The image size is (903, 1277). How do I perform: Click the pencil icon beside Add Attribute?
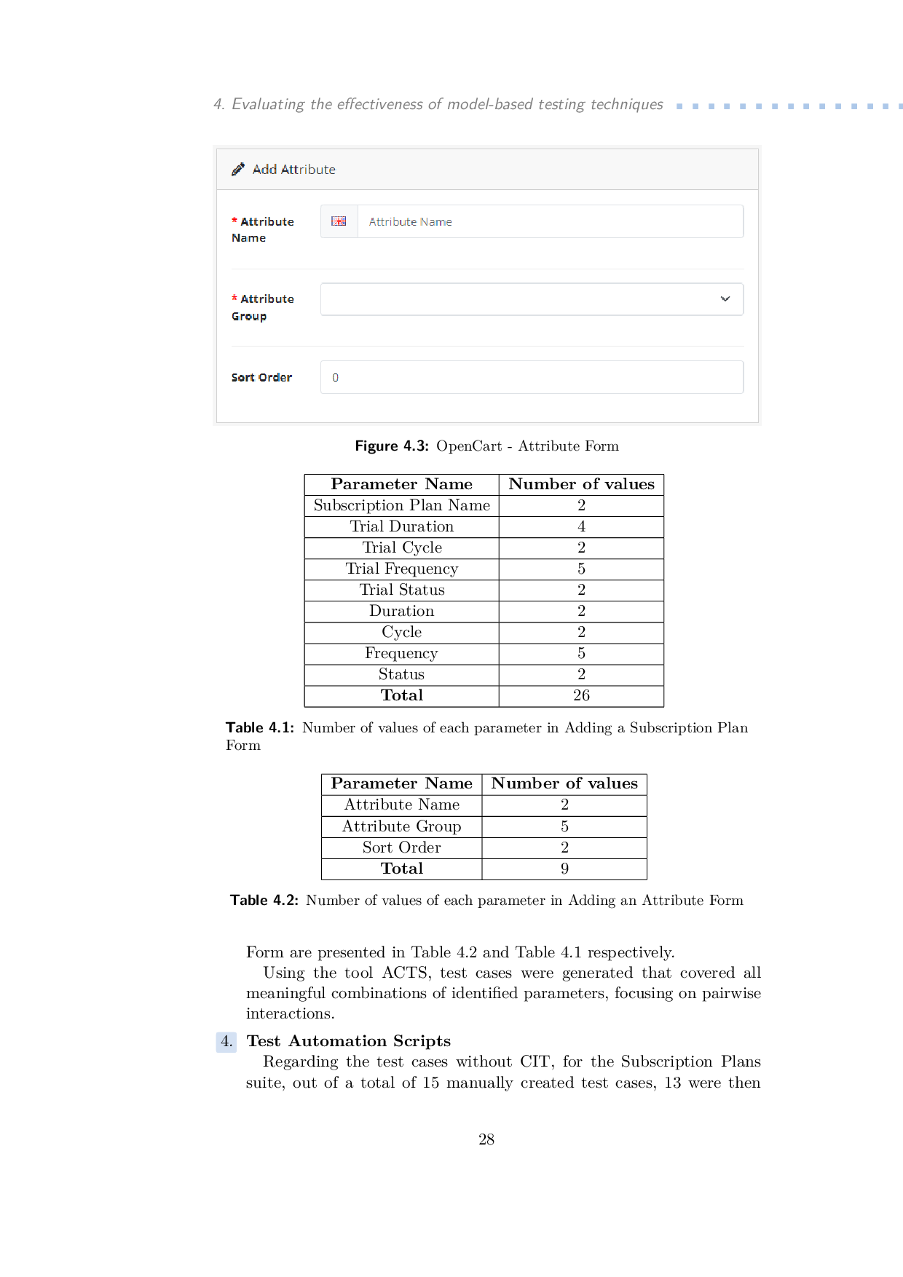[x=237, y=170]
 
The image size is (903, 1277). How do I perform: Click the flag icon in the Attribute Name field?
[x=339, y=221]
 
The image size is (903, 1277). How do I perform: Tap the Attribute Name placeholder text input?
[x=550, y=221]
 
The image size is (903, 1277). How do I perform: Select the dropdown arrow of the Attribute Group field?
[x=725, y=299]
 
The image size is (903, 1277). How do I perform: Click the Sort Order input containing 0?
[x=532, y=377]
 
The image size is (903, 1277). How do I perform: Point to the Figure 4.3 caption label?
[x=391, y=446]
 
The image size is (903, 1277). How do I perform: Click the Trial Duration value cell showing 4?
[x=581, y=526]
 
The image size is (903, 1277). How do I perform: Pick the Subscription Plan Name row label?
[x=401, y=505]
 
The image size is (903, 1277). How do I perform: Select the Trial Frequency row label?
[x=401, y=569]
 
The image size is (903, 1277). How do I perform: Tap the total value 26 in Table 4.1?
[x=581, y=695]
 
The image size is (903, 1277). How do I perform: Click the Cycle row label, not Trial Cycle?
[x=401, y=632]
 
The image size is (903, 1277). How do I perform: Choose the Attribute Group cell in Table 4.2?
[x=401, y=826]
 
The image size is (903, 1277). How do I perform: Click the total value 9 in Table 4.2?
[x=564, y=869]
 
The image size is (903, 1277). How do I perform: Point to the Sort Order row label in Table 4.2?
[x=401, y=847]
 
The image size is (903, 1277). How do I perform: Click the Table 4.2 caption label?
[x=264, y=901]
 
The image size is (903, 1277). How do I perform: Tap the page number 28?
[x=486, y=1139]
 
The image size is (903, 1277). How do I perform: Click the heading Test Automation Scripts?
[x=348, y=1041]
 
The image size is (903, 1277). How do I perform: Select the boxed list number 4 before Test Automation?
[x=226, y=1042]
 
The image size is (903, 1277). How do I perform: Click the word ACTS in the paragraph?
[x=406, y=973]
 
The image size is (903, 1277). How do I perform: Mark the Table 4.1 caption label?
[x=260, y=728]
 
